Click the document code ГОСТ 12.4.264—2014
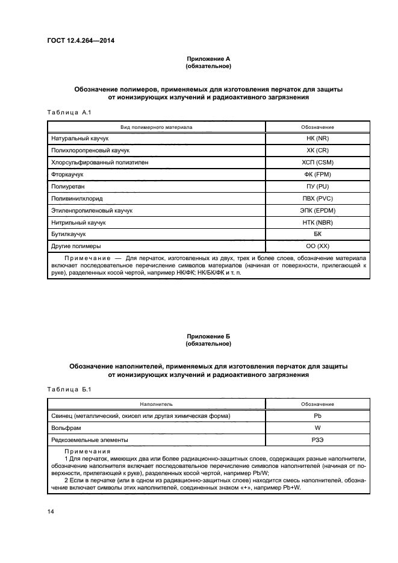pos(81,41)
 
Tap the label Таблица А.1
pos(68,112)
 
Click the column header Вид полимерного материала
pos(156,127)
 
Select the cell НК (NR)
pos(317,138)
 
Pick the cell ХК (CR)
pos(317,151)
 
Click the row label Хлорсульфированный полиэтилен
pos(99,163)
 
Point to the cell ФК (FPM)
pos(317,175)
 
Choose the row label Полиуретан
pos(67,187)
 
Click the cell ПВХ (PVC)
pos(317,199)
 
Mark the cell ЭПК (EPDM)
pos(317,211)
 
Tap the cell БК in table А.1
pos(317,235)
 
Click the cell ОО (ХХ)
pos(317,247)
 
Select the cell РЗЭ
pos(317,440)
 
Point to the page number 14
pos(51,512)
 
